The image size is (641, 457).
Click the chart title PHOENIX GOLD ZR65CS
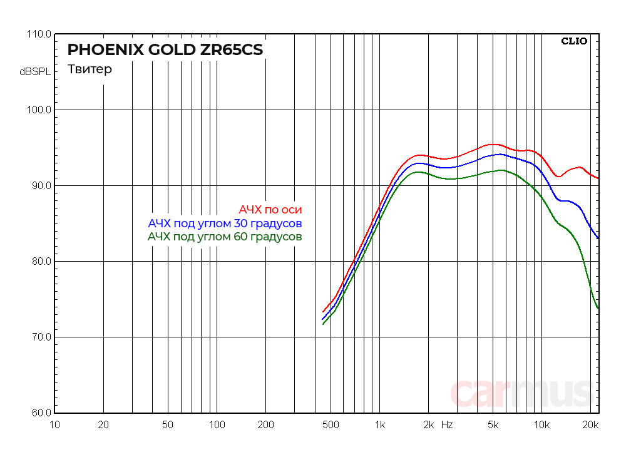(x=165, y=49)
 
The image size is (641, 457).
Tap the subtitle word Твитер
(x=90, y=69)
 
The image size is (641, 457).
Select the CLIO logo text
(x=574, y=41)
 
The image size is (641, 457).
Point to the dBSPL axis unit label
(x=35, y=72)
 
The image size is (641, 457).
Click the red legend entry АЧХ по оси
(x=274, y=210)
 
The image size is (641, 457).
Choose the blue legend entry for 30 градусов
(x=225, y=223)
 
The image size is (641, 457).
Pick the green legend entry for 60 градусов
(x=225, y=237)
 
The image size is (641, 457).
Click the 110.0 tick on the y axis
(x=39, y=34)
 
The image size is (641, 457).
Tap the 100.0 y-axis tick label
(x=39, y=110)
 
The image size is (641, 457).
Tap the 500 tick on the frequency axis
(x=331, y=425)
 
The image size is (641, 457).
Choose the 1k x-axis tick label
(x=379, y=425)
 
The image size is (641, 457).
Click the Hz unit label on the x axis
(x=447, y=425)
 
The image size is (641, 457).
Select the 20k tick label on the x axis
(x=591, y=425)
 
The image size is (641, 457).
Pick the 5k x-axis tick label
(x=493, y=425)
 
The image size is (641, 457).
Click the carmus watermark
(x=521, y=393)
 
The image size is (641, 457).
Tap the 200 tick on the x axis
(x=265, y=425)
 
